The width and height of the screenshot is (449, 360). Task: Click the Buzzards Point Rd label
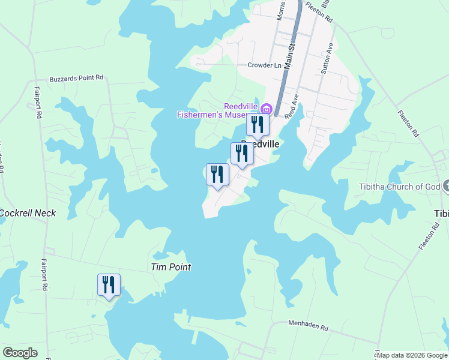click(x=76, y=77)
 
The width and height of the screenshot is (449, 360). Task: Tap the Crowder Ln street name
click(x=264, y=65)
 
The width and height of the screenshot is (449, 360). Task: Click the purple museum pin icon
click(x=266, y=109)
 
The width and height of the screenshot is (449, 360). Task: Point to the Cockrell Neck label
click(x=28, y=213)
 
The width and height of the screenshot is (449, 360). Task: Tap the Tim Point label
click(x=170, y=267)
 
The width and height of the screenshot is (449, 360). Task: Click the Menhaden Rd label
click(x=309, y=328)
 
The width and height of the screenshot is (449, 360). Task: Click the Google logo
click(x=20, y=353)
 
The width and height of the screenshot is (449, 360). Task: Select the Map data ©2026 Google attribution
click(x=412, y=355)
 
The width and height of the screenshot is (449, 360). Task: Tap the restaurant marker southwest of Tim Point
click(x=109, y=284)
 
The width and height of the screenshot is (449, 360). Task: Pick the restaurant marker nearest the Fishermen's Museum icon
click(x=258, y=125)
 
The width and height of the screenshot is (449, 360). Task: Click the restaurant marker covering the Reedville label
click(x=242, y=153)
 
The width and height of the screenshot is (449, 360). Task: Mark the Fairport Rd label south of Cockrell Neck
click(x=44, y=274)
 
